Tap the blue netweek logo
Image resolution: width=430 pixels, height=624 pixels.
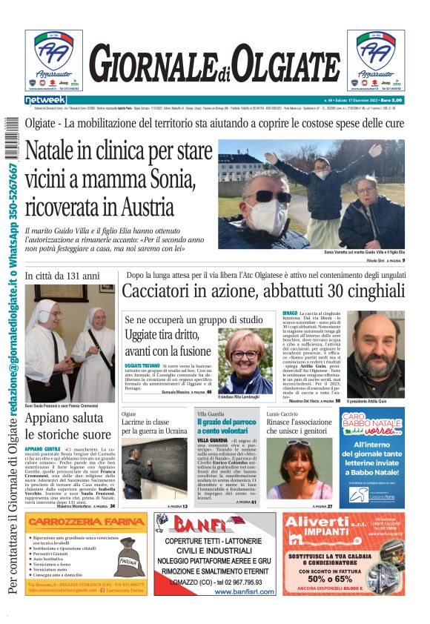coord(45,99)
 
